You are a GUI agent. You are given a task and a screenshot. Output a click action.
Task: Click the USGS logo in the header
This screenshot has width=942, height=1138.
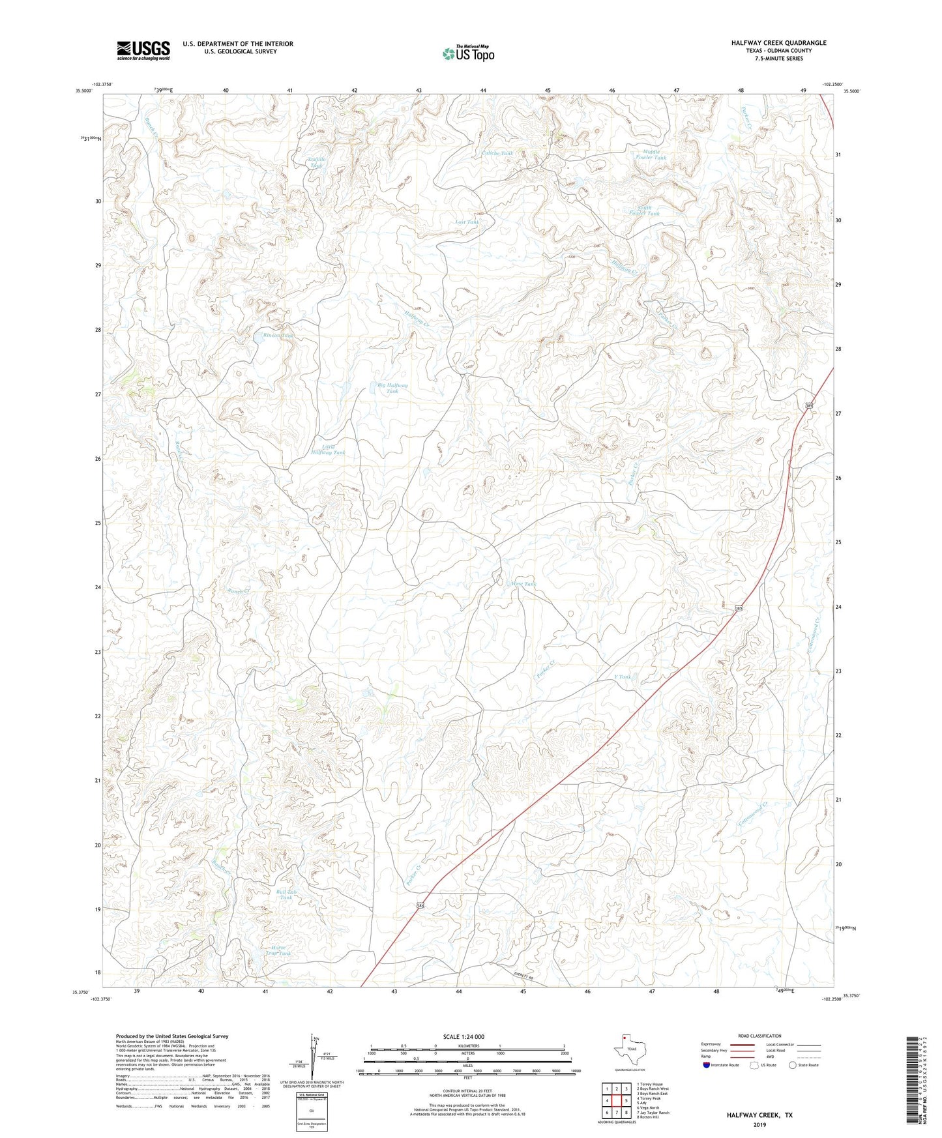tap(143, 50)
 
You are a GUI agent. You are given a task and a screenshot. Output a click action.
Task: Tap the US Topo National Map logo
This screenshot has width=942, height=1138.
tap(469, 53)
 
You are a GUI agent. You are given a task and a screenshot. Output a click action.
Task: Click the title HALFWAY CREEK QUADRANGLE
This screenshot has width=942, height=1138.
tap(778, 43)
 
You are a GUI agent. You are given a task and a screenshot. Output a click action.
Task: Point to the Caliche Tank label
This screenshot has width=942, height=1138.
tap(497, 153)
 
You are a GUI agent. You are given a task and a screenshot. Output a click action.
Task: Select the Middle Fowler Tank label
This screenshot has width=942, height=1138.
tap(651, 154)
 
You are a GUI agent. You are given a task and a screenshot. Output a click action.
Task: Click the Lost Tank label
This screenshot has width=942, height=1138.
tap(467, 222)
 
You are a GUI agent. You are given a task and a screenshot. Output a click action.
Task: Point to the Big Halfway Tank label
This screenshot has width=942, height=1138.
tap(392, 388)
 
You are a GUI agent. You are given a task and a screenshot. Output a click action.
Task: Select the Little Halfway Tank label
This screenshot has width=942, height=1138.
tap(328, 450)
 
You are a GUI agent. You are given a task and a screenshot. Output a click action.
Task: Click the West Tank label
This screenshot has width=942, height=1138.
tap(524, 584)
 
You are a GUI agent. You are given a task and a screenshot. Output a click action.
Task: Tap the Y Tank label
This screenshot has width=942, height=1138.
tap(623, 677)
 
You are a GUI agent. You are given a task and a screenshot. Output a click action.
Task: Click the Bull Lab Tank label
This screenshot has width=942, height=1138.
tap(287, 894)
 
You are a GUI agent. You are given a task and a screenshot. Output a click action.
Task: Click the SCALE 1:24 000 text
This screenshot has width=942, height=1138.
tap(464, 1037)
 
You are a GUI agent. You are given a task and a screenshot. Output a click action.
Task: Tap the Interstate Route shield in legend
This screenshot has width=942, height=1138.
tap(708, 1065)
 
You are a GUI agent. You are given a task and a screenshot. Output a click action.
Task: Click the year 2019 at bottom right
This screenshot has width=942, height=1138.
tap(759, 1124)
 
